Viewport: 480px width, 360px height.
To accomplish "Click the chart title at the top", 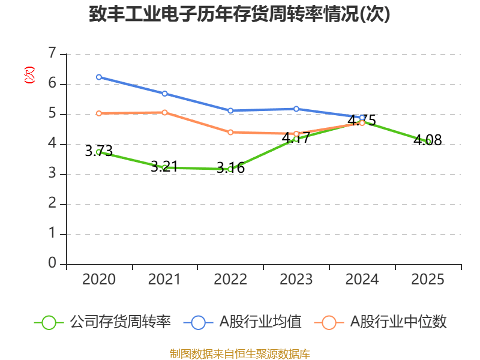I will tap(239, 14).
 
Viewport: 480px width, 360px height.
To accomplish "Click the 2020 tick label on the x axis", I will tap(99, 280).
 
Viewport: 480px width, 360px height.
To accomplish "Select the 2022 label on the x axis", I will tap(230, 280).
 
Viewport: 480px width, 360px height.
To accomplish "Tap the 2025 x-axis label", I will tap(428, 280).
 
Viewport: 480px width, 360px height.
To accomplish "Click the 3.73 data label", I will tap(99, 152).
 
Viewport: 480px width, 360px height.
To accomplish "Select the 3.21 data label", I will tap(164, 167).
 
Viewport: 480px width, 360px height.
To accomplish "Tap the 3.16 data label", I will tap(230, 169).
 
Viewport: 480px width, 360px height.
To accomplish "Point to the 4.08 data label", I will tap(428, 141).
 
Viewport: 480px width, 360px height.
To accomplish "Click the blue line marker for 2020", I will tap(99, 77).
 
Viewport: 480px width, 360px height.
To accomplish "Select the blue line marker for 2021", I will tap(164, 94).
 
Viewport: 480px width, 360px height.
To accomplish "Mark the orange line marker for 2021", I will tap(164, 112).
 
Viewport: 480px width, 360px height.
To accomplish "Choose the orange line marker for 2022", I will tap(230, 132).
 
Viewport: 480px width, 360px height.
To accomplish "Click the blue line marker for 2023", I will tap(296, 109).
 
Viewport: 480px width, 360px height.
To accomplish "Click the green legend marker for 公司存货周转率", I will tap(49, 322).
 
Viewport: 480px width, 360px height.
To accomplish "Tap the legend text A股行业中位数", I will tap(398, 322).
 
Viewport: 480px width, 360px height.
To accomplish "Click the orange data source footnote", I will tap(239, 353).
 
